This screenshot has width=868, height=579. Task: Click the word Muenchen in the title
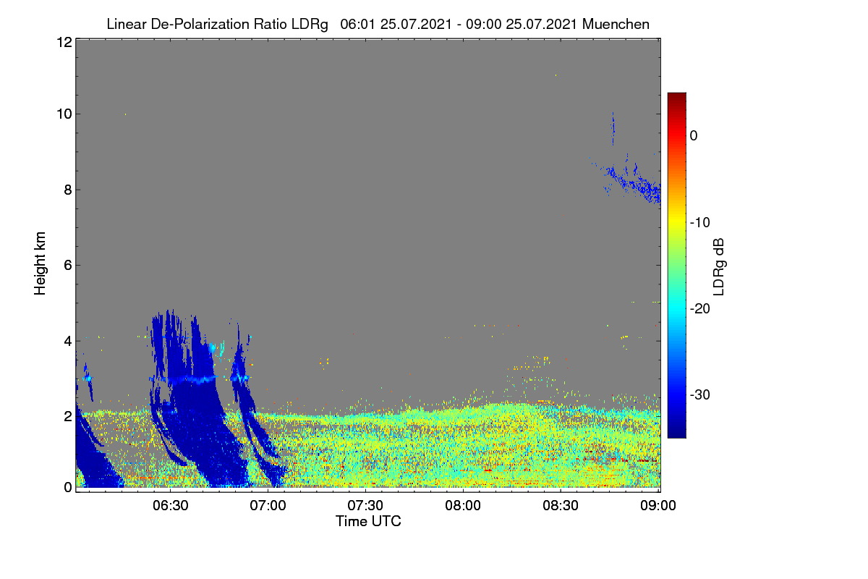[616, 24]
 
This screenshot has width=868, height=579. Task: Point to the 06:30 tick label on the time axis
[171, 505]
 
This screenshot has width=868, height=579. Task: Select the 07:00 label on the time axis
[268, 505]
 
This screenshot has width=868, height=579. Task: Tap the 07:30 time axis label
[365, 505]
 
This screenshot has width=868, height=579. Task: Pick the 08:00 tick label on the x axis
[463, 505]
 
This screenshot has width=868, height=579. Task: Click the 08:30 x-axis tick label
[561, 505]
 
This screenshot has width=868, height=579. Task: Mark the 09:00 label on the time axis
[658, 505]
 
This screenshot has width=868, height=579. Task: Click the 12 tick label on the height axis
[64, 42]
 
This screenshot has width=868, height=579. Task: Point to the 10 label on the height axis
[64, 114]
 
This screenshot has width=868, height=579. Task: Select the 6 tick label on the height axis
[68, 266]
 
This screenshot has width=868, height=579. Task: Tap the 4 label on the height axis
[68, 342]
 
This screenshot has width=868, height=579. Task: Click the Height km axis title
[40, 263]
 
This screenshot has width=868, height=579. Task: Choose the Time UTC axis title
[368, 521]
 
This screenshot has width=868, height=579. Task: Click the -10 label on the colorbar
[700, 223]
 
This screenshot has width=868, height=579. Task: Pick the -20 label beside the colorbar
[700, 309]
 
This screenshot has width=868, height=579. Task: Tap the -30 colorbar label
[700, 394]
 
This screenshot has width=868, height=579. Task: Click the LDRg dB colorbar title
[719, 267]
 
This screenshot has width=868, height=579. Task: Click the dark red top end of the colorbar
[676, 93]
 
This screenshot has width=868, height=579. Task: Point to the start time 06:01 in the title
[357, 24]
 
